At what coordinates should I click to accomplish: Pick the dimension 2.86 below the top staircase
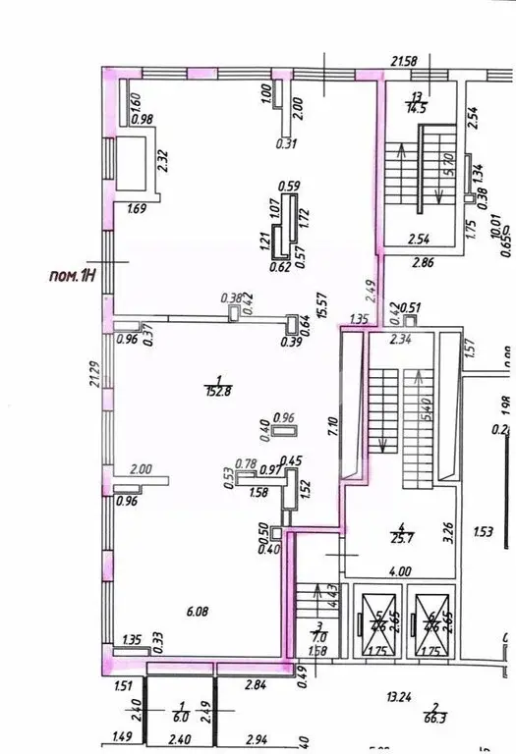(x=422, y=264)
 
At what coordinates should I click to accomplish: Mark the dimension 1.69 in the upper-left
(x=137, y=207)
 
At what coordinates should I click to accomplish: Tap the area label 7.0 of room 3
(x=319, y=635)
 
